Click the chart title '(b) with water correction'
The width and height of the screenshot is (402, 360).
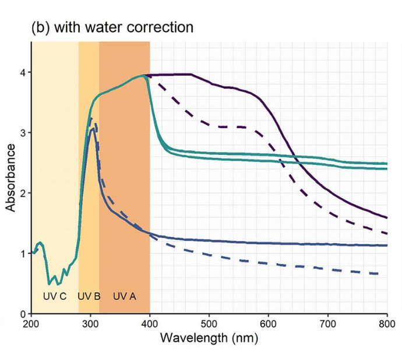pos(112,27)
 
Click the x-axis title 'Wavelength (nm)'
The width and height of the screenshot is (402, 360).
pos(209,338)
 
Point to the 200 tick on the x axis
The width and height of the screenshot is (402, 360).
pos(30,323)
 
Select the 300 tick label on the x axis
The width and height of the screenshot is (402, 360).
pos(90,323)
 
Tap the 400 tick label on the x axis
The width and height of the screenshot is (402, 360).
pos(150,323)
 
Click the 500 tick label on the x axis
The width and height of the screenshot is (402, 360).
pos(209,323)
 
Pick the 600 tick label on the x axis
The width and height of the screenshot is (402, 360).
pos(269,323)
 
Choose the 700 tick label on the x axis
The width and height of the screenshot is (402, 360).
pos(328,323)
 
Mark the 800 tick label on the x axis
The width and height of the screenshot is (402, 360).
pos(387,323)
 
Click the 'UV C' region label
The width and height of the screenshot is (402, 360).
pos(55,296)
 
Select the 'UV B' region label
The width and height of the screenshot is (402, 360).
pos(89,296)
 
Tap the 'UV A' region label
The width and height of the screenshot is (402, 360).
pos(124,296)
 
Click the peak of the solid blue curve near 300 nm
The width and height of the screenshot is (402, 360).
pos(91,129)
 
